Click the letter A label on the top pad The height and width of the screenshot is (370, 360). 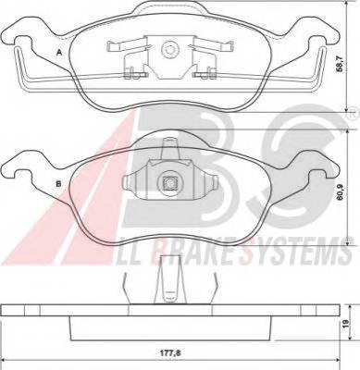pyautogui.click(x=59, y=53)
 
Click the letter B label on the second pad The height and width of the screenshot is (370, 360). pyautogui.click(x=58, y=184)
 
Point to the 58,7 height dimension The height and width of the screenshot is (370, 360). pyautogui.click(x=340, y=64)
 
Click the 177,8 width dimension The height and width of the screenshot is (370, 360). pyautogui.click(x=171, y=353)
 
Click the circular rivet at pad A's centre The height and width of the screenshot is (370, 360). pyautogui.click(x=169, y=49)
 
